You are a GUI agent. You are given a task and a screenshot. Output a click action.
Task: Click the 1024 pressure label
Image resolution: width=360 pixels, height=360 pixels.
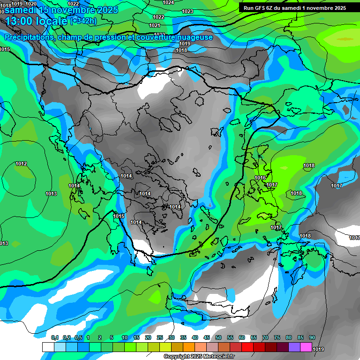click(x=168, y=2)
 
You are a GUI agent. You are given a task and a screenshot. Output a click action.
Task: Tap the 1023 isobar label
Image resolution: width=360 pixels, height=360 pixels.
click(x=187, y=11)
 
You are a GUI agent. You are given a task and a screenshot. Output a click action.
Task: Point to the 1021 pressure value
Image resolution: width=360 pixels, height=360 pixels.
click(x=155, y=25)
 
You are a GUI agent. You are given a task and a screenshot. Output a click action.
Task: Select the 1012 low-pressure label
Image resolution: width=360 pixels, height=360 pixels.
click(x=21, y=164)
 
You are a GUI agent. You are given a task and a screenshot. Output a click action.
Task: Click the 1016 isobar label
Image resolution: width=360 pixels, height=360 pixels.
click(x=260, y=178)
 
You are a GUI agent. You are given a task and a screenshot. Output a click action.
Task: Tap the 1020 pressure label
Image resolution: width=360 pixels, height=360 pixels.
click(x=31, y=4)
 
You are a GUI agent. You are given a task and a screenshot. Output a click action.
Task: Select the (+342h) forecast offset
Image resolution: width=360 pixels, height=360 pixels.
click(x=83, y=21)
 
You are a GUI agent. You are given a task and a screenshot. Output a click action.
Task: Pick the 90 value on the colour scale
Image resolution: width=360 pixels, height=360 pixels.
click(x=312, y=337)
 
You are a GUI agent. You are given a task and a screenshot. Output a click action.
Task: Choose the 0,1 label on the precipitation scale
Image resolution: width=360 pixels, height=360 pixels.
click(x=54, y=337)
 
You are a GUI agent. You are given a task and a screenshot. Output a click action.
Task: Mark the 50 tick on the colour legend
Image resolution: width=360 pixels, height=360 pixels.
click(x=218, y=337)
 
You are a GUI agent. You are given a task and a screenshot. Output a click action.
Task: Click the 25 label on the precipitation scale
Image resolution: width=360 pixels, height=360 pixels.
click(x=160, y=337)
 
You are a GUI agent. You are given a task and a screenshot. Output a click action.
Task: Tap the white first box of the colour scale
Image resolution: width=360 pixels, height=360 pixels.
click(x=48, y=347)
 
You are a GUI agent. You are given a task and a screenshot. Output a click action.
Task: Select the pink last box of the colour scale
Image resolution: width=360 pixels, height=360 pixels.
click(x=306, y=347)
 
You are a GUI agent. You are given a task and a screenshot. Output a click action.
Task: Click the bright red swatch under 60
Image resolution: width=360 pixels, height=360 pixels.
click(x=247, y=347)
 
